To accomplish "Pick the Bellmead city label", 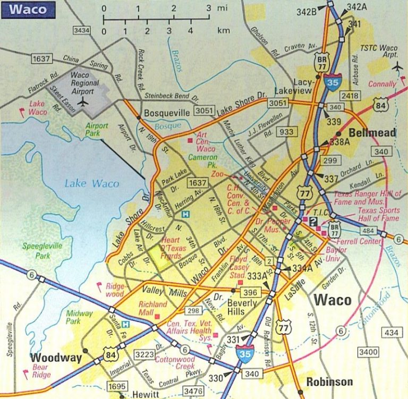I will [x=372, y=132].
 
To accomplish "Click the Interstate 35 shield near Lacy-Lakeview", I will [x=331, y=83].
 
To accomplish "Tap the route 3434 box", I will [x=82, y=30].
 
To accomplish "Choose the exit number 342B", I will [x=307, y=11].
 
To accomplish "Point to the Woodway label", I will [x=56, y=358].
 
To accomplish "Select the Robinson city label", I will [x=329, y=381].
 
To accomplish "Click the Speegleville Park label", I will [x=42, y=250].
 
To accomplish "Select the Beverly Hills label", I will [x=242, y=307].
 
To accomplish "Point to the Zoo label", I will [x=217, y=174].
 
